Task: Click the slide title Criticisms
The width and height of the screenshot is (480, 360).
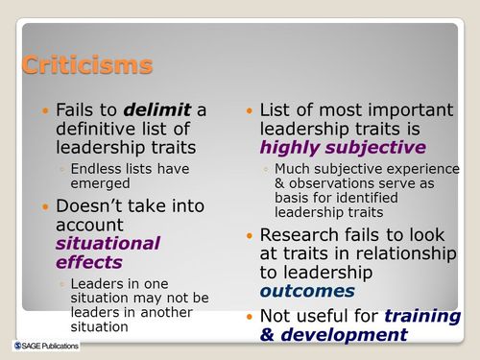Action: coord(86,65)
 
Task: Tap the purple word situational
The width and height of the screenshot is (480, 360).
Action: coord(108,243)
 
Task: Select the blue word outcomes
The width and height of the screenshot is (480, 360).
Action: coord(307,290)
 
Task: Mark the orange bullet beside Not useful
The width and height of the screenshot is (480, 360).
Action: coord(249,316)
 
